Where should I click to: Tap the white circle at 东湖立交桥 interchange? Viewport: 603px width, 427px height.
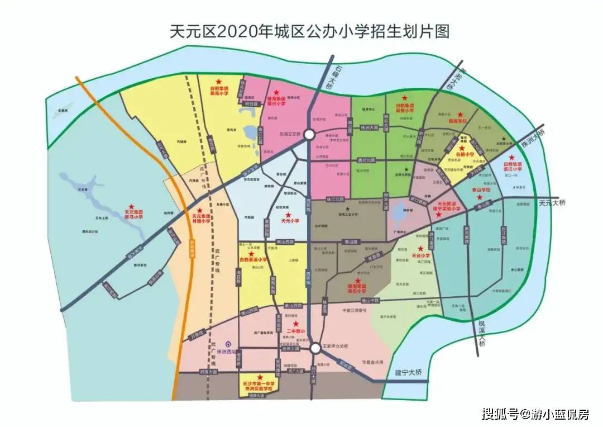coord(309,135)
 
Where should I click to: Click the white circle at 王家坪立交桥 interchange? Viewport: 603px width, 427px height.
coord(315,348)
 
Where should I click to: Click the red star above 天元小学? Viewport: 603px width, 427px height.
coord(288,215)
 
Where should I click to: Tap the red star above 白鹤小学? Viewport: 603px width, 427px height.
coord(461,147)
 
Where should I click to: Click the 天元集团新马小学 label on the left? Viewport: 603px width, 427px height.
coord(133,214)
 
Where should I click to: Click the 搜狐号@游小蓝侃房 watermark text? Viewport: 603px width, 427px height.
coord(535,414)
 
